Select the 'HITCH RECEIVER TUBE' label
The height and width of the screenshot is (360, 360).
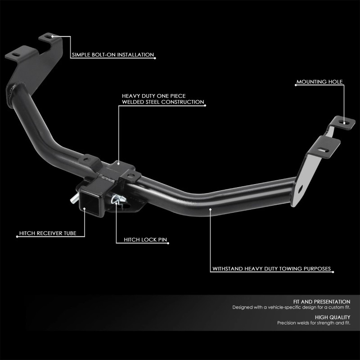coord(46,234)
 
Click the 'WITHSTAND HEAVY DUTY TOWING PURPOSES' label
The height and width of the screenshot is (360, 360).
coord(272,269)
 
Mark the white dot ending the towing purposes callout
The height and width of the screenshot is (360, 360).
coord(210,208)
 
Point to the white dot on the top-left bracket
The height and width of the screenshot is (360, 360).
coord(52,36)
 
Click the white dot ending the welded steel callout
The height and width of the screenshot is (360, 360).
coord(118,165)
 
